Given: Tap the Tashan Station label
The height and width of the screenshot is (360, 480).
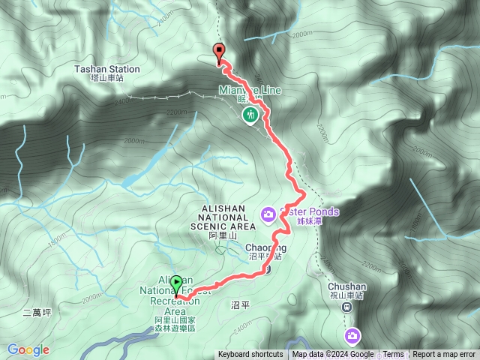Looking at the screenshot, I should click(x=107, y=69).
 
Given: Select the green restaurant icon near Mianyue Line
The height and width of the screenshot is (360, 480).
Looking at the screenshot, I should click(x=250, y=115).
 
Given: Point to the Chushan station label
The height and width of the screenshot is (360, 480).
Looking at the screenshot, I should click(x=346, y=286).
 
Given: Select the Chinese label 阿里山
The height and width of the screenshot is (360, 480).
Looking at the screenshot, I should click(x=223, y=235).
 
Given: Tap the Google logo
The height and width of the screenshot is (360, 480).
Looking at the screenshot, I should click(x=28, y=349).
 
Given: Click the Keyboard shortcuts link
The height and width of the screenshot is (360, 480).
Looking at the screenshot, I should click(x=250, y=355).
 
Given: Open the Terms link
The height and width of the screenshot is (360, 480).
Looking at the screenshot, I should click(x=393, y=355).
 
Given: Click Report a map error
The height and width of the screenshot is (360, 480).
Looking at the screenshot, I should click(x=444, y=355).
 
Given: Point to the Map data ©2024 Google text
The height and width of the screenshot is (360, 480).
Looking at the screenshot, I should click(x=333, y=355).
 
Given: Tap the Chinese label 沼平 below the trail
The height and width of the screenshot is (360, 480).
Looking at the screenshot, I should click(x=240, y=304).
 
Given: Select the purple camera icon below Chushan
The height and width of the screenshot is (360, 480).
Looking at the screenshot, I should click(x=352, y=336).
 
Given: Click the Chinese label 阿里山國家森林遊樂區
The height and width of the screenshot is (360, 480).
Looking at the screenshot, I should click(x=171, y=325).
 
